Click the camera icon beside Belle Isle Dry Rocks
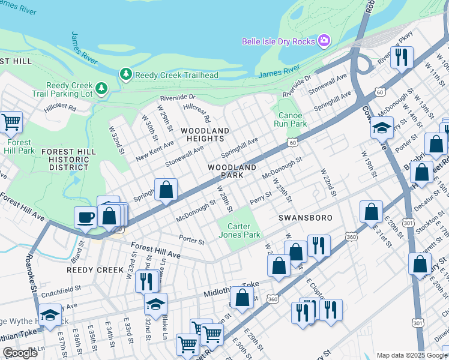click(x=324, y=41)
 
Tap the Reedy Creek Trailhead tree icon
click(x=126, y=74)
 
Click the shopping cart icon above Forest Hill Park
click(x=11, y=122)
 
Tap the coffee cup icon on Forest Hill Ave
click(x=85, y=217)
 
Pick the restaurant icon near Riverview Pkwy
click(x=402, y=57)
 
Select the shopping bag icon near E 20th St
click(x=372, y=211)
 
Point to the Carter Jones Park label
click(x=244, y=230)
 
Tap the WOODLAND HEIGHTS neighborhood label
click(x=205, y=134)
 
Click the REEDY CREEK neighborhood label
click(x=95, y=270)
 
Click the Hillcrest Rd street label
click(x=59, y=109)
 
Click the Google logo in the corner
click(x=20, y=353)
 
